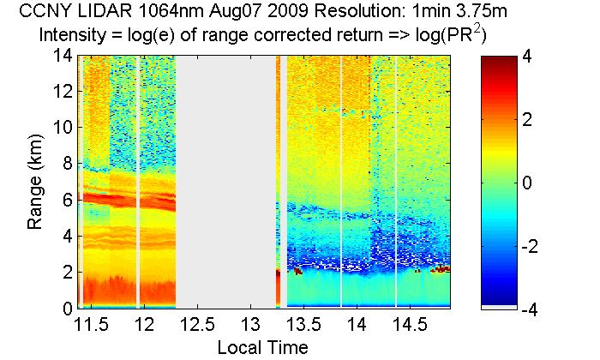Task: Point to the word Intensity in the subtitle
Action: (x=75, y=37)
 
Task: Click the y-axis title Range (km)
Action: (x=34, y=183)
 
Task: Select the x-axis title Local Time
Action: (x=262, y=347)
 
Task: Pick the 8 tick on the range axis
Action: (x=65, y=164)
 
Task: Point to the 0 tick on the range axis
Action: (x=65, y=307)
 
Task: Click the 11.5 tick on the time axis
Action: (x=92, y=326)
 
